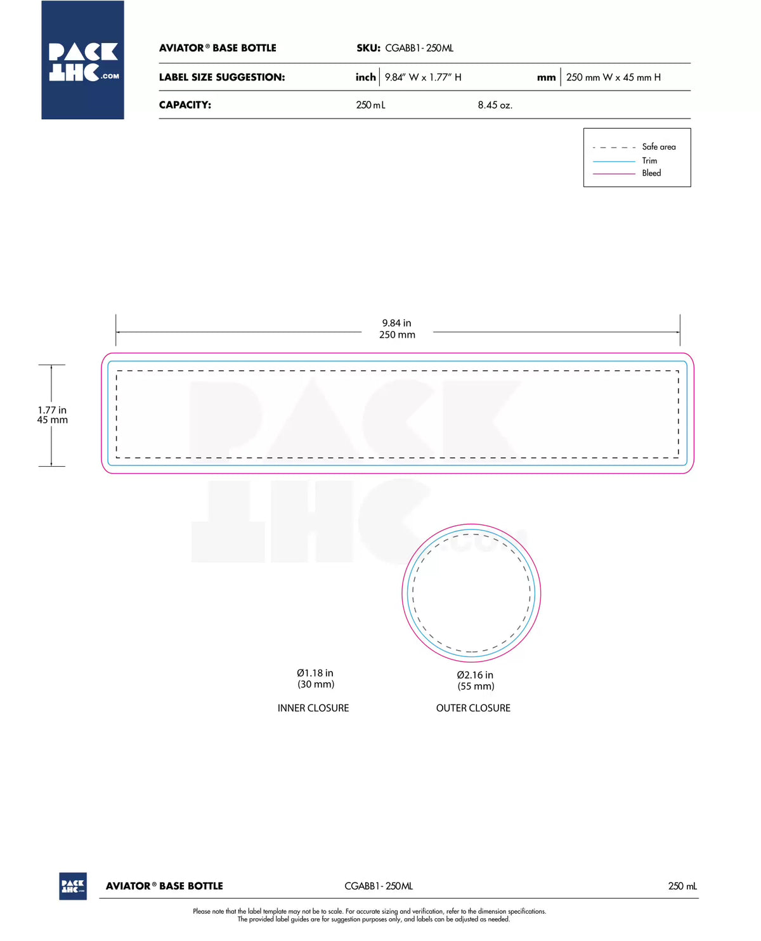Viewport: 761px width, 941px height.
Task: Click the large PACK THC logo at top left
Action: (82, 60)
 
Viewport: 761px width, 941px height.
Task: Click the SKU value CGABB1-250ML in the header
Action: (419, 48)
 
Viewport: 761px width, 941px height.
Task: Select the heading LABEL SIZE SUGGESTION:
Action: (222, 77)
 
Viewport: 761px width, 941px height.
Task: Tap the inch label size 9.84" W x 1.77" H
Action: (423, 77)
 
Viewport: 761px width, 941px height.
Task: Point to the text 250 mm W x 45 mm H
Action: (613, 77)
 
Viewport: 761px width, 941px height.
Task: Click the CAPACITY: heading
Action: (185, 105)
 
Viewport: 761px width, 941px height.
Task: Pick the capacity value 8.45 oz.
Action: (495, 105)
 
